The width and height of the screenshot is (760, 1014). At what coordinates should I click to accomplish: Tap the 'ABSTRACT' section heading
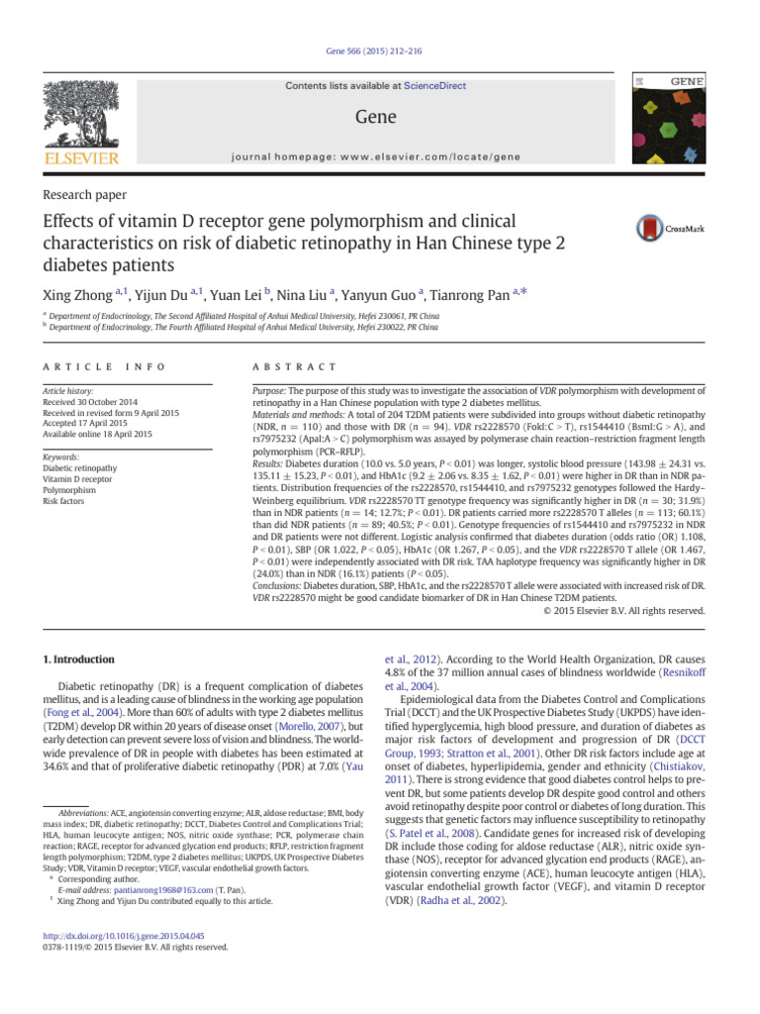pyautogui.click(x=294, y=366)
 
